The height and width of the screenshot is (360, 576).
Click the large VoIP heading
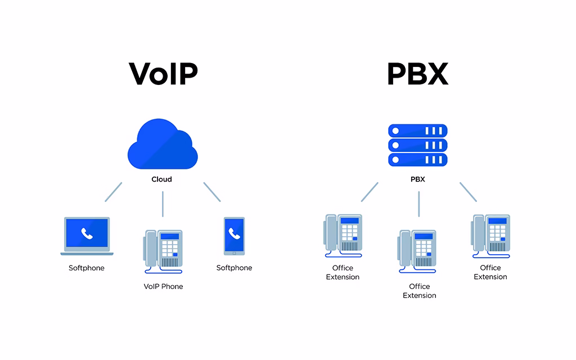(x=163, y=74)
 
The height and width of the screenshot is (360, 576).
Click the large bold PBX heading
(x=417, y=74)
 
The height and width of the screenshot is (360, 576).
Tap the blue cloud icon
(x=162, y=147)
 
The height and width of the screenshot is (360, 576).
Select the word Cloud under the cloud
(x=161, y=179)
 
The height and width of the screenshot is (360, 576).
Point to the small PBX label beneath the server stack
(x=418, y=179)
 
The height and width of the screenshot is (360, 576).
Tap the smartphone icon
(x=234, y=236)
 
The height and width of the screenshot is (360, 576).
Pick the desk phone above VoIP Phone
(x=164, y=251)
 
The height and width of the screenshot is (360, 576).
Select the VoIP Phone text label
(x=163, y=286)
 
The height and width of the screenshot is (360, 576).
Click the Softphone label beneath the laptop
(x=87, y=268)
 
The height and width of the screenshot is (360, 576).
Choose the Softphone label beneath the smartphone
(x=234, y=268)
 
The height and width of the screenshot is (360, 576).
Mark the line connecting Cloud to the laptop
(x=113, y=192)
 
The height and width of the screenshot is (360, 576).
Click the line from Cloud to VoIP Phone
(x=163, y=204)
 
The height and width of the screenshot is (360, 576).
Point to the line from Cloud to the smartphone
(x=212, y=192)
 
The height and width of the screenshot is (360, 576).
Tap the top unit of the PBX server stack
(x=418, y=130)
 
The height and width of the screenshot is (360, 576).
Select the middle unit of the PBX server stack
(x=418, y=145)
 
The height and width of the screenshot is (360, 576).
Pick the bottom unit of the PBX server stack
(x=418, y=160)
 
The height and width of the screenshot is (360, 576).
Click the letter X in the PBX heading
(x=436, y=74)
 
